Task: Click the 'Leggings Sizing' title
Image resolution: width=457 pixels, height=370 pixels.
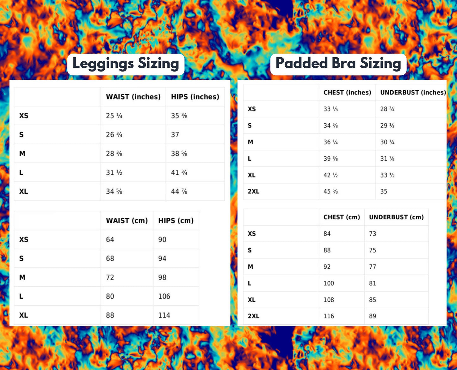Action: coord(126,64)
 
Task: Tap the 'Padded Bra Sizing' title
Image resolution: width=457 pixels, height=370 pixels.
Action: coord(338,63)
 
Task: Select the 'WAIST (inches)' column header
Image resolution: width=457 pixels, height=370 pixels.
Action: coord(133,97)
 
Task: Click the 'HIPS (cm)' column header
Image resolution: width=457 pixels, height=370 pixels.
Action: coord(176,221)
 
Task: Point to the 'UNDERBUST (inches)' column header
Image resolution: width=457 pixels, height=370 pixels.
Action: coord(413,92)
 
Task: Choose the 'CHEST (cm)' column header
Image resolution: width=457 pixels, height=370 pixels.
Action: coord(342,217)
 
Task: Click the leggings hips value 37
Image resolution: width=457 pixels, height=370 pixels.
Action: coord(175,135)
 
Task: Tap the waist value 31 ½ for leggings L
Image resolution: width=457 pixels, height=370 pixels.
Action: coord(114,172)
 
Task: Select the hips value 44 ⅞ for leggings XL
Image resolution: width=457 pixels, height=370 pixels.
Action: coord(179,191)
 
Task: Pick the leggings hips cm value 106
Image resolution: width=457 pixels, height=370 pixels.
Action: coord(164,296)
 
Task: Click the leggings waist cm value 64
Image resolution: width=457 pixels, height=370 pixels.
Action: coord(110,240)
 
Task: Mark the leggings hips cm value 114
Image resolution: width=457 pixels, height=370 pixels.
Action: coord(164,315)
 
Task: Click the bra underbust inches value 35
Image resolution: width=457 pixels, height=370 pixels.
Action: coord(384,191)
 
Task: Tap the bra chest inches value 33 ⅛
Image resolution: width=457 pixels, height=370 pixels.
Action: coord(330,109)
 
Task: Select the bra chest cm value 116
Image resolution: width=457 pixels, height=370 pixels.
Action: coord(329,316)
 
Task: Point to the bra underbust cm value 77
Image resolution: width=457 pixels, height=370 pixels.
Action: coord(373,267)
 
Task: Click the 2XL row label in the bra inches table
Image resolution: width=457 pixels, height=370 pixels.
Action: coord(253,191)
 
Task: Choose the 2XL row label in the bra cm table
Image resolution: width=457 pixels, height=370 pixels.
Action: coord(253,316)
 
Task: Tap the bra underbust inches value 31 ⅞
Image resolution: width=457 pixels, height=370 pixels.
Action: coord(387,159)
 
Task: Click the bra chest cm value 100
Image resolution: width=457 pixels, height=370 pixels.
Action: coord(329,283)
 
